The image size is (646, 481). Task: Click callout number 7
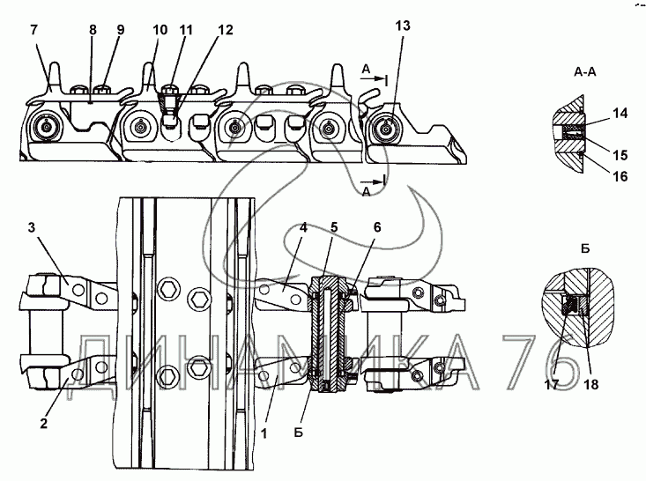(33, 30)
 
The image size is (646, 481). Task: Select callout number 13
(403, 26)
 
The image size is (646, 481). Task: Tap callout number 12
(226, 30)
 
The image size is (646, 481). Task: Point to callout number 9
(121, 30)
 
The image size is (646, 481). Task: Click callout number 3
(32, 228)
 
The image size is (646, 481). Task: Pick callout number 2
(44, 424)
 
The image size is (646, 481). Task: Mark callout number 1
(264, 433)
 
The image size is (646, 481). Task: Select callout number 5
(334, 227)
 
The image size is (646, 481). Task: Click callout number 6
(377, 227)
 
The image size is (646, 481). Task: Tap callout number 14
(620, 114)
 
